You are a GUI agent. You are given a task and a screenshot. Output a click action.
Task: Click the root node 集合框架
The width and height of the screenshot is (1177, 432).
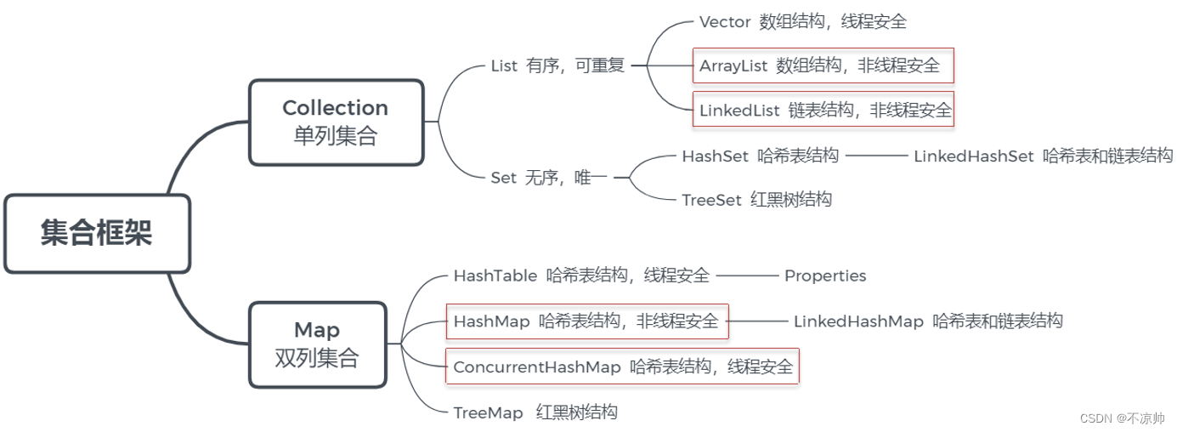pos(96,233)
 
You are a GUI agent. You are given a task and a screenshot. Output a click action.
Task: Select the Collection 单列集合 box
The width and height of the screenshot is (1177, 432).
pos(335,122)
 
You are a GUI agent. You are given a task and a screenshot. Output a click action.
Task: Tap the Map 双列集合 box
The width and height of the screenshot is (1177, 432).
pos(317,344)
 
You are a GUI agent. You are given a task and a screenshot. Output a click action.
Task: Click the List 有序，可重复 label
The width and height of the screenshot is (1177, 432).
pos(557,66)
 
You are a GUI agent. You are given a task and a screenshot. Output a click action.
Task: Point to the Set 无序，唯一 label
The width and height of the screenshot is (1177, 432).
pos(549,178)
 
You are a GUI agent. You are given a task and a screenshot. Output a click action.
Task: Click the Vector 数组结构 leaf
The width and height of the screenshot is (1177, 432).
pos(802,21)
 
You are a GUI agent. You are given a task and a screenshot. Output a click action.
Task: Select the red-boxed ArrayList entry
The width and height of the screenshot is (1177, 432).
pos(823,65)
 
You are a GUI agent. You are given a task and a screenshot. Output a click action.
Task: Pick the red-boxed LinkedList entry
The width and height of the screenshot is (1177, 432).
pos(823,110)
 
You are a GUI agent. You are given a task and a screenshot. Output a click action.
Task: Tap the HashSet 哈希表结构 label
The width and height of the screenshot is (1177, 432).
pos(760,156)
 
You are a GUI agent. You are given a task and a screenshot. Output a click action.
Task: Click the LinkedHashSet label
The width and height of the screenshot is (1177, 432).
pos(1043,156)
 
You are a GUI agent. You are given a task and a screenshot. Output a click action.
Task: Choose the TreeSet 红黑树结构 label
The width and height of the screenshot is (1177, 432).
pos(756,200)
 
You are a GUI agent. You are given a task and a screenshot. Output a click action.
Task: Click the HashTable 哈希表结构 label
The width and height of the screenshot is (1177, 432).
pos(581,276)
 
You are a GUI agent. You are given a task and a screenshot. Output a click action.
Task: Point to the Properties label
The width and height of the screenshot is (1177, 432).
pos(825,276)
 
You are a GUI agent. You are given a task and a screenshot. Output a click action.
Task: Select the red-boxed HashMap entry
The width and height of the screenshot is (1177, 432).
pos(586,321)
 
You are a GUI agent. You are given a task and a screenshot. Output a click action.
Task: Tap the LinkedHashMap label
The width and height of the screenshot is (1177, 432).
pos(928,321)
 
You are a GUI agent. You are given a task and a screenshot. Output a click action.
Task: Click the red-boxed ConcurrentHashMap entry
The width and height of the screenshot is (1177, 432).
pos(622,367)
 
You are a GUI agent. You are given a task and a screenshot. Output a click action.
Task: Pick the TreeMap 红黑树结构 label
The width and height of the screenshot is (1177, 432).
pos(535,412)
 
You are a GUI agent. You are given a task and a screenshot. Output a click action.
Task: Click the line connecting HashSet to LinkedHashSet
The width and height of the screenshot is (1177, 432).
pos(876,156)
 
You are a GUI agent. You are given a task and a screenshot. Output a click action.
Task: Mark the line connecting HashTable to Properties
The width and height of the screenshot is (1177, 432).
pos(748,276)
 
